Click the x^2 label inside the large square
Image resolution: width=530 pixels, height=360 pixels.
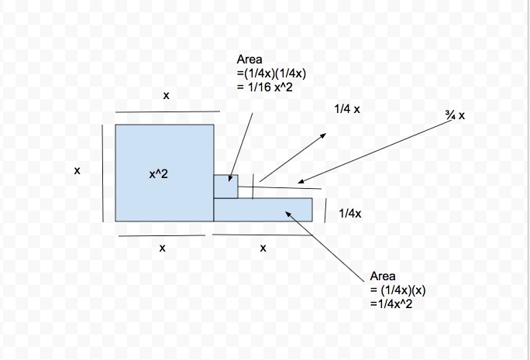[158, 175]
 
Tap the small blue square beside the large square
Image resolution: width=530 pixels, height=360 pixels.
[225, 187]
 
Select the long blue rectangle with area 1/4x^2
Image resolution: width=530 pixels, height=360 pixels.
[263, 210]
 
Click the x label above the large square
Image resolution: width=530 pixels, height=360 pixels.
[166, 95]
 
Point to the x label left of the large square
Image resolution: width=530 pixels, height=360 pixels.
[77, 171]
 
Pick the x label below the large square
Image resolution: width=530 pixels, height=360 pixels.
[162, 248]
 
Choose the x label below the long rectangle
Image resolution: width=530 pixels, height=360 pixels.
[263, 248]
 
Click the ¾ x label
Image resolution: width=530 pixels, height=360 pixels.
[455, 115]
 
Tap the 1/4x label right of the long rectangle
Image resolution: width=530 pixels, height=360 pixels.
[350, 213]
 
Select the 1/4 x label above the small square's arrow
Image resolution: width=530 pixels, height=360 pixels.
[347, 110]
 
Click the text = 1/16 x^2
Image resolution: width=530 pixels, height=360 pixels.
[264, 87]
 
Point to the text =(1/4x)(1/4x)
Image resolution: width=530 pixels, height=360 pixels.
[272, 74]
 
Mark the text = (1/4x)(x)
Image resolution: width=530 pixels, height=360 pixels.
[398, 290]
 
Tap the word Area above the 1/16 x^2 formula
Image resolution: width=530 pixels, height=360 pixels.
[250, 60]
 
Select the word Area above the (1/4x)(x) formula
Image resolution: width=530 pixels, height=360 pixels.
[383, 276]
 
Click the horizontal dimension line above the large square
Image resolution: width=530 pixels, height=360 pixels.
[167, 112]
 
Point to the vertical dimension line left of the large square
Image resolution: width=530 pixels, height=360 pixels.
[102, 172]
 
